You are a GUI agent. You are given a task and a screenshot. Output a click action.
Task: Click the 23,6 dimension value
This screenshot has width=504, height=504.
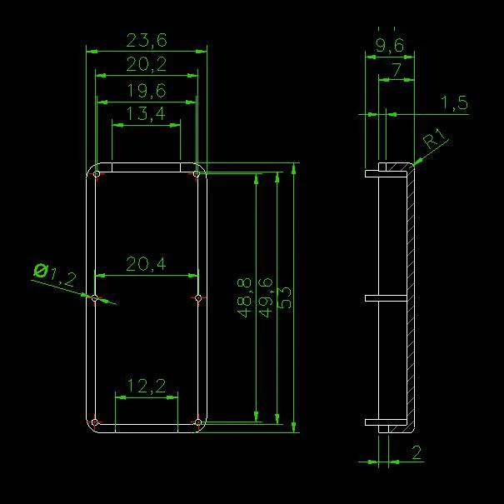click(146, 40)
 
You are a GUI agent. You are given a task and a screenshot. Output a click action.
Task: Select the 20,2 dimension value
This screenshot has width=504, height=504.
click(146, 65)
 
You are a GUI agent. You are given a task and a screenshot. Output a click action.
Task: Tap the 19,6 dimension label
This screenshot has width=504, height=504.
click(146, 90)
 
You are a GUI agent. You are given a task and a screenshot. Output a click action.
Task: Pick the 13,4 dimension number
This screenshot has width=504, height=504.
click(146, 114)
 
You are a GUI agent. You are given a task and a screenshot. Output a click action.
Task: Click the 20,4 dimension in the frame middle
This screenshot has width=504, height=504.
click(146, 264)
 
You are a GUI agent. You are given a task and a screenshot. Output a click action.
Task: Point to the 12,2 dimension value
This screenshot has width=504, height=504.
click(146, 385)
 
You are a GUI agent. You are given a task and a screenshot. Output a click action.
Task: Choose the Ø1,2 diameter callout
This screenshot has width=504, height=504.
click(53, 272)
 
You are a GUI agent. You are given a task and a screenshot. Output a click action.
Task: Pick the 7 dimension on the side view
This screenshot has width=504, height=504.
click(396, 70)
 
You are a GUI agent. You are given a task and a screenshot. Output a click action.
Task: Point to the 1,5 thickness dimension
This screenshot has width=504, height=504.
click(454, 103)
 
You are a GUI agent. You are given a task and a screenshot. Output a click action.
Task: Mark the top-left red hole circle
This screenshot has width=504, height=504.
click(97, 174)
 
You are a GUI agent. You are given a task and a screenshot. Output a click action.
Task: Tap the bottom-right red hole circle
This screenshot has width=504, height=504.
click(197, 423)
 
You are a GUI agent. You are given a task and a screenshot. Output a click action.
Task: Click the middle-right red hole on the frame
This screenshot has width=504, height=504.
click(197, 297)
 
